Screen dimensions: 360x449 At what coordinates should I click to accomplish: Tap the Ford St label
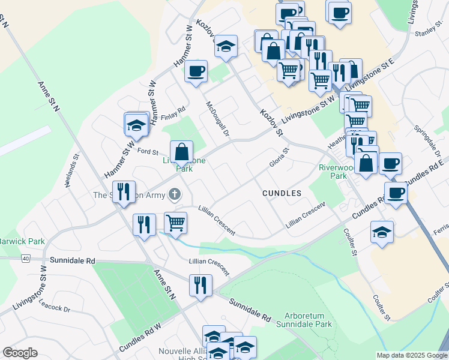148,152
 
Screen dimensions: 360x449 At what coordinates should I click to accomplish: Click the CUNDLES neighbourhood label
281,193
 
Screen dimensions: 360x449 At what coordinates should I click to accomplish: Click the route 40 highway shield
25,259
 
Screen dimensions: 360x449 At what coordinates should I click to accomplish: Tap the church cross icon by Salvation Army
174,194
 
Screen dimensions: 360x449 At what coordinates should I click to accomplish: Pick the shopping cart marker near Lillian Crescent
176,223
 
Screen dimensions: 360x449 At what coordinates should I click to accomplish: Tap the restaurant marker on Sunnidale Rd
200,285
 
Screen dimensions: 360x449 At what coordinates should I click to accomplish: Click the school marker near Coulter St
381,232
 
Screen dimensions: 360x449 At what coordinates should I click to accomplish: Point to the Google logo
20,353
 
